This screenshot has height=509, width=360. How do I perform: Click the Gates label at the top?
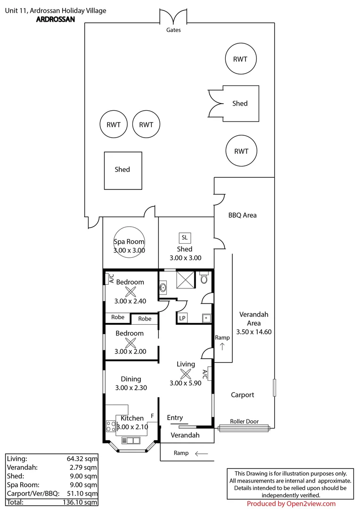pyautogui.click(x=173, y=30)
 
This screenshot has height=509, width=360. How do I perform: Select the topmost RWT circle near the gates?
pyautogui.click(x=241, y=59)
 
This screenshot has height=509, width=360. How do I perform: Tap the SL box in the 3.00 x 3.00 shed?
pyautogui.click(x=185, y=238)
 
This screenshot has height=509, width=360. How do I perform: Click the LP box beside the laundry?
pyautogui.click(x=182, y=318)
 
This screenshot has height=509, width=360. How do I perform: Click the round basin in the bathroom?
pyautogui.click(x=163, y=287)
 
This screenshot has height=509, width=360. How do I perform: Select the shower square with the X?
pyautogui.click(x=185, y=279)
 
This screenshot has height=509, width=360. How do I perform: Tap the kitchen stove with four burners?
pyautogui.click(x=111, y=426)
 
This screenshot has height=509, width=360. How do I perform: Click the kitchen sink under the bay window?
pyautogui.click(x=131, y=441)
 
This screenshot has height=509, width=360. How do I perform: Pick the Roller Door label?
pyautogui.click(x=245, y=421)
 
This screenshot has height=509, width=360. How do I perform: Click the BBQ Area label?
pyautogui.click(x=243, y=215)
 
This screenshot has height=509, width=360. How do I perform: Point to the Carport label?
pyautogui.click(x=243, y=395)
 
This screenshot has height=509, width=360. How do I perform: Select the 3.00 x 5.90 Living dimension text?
pyautogui.click(x=185, y=383)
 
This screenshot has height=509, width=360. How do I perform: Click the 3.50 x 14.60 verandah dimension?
pyautogui.click(x=254, y=332)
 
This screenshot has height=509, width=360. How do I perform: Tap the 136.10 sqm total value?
pyautogui.click(x=80, y=502)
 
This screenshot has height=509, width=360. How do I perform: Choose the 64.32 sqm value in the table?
pyautogui.click(x=82, y=459)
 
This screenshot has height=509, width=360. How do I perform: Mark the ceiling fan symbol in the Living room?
pyautogui.click(x=185, y=374)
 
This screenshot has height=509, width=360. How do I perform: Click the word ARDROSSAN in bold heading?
pyautogui.click(x=56, y=19)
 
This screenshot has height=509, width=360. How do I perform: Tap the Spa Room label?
pyautogui.click(x=129, y=241)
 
